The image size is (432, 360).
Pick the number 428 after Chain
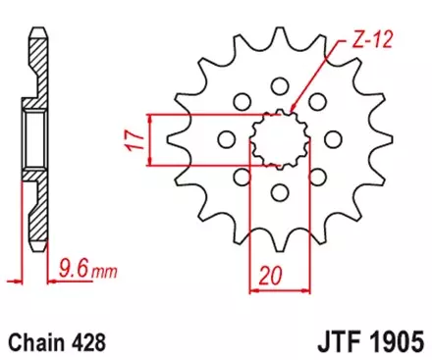pos(86,343)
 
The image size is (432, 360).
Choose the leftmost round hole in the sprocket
pos(224,139)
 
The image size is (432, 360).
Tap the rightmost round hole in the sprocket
pos(332,139)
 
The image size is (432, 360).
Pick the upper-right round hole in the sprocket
pos(316,100)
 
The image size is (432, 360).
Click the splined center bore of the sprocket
pos(278,138)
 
